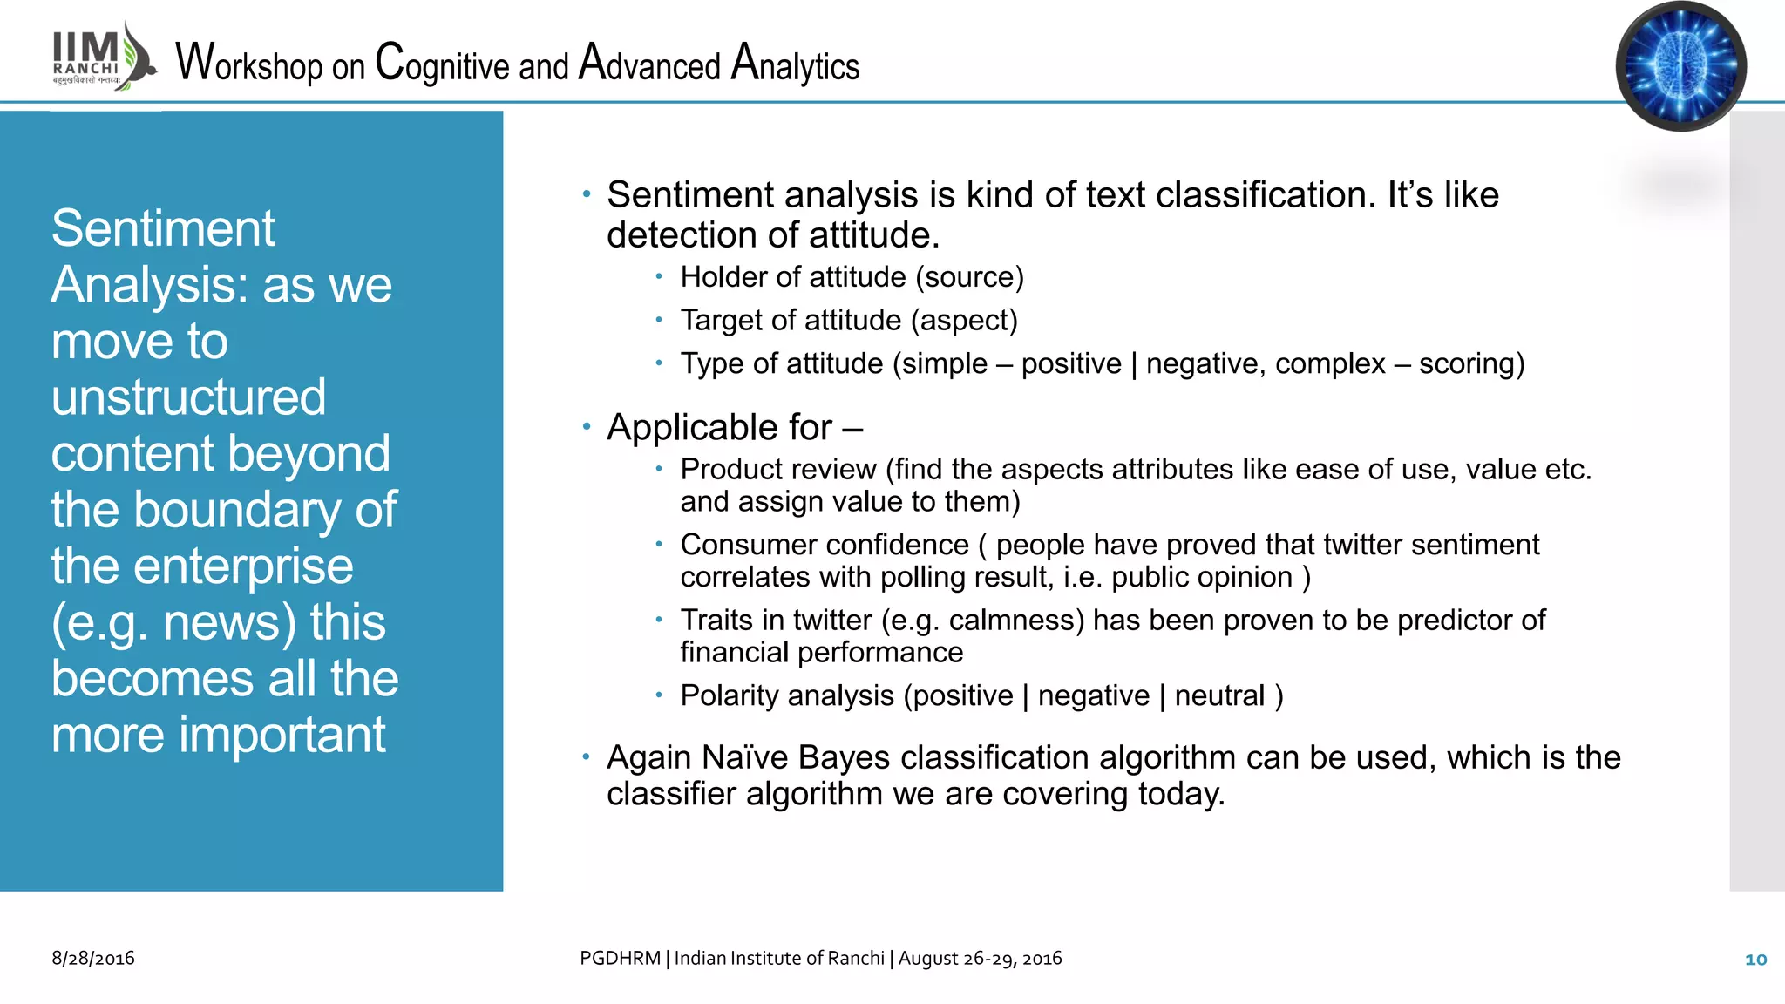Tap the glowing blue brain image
[x=1680, y=66]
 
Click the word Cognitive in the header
[x=442, y=64]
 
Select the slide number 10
[x=1755, y=960]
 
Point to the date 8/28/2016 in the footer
[x=93, y=958]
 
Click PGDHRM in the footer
[x=620, y=958]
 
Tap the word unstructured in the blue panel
[x=188, y=397]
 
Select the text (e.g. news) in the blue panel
[x=174, y=622]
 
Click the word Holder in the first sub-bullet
[x=722, y=277]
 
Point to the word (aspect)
[x=964, y=321]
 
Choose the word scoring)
[x=1471, y=363]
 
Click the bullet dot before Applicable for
[x=587, y=427]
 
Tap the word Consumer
[x=737, y=545]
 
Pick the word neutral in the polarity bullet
[x=1218, y=695]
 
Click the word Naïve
[x=744, y=758]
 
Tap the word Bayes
[x=843, y=758]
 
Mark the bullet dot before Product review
[x=660, y=469]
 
